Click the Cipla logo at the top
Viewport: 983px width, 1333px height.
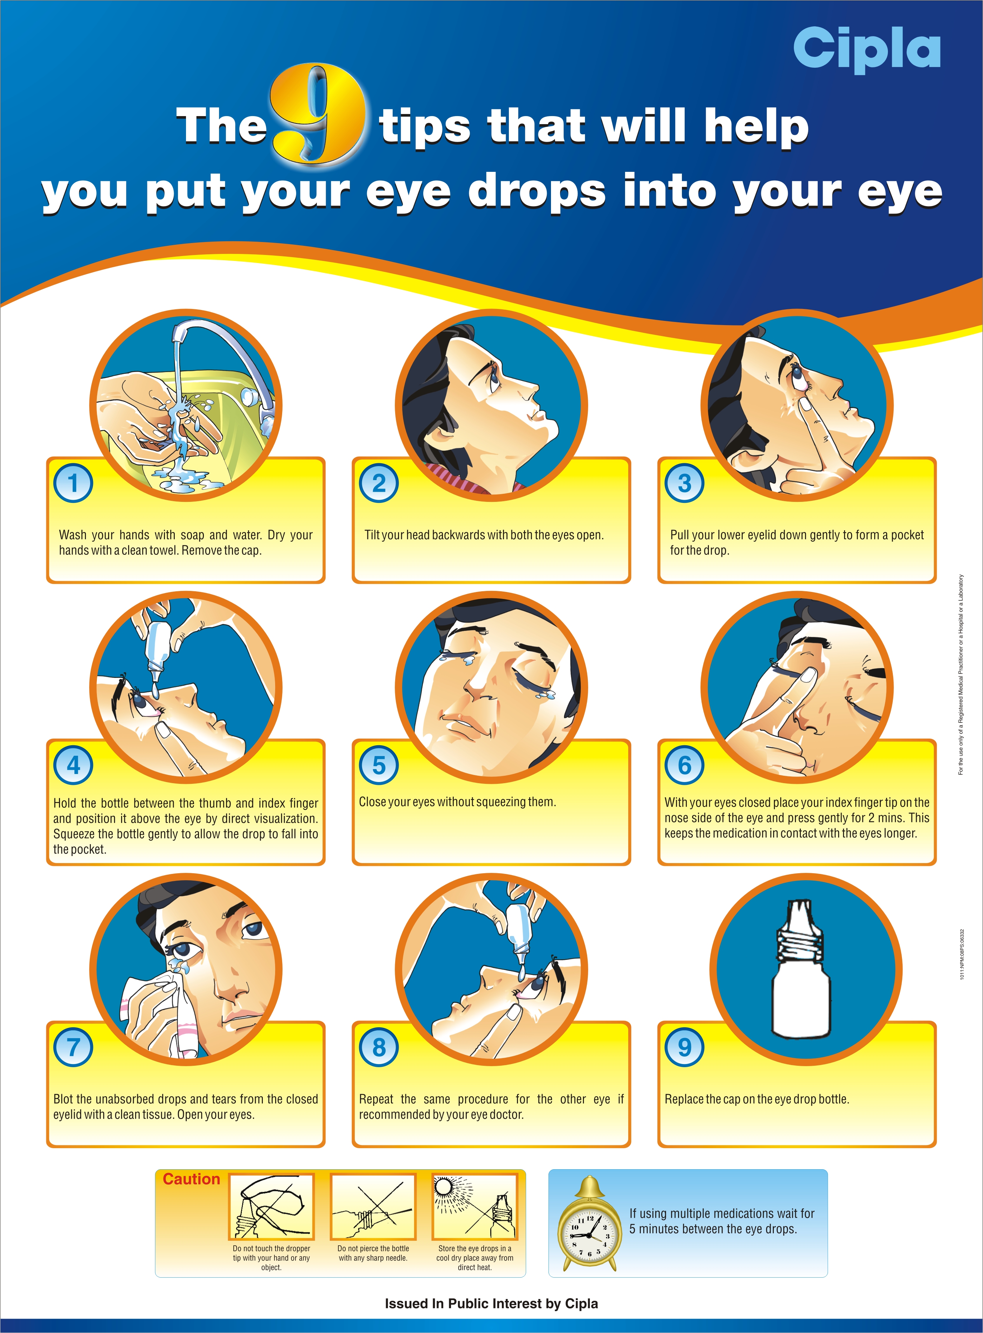pyautogui.click(x=866, y=50)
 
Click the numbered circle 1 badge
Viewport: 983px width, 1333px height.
pyautogui.click(x=73, y=483)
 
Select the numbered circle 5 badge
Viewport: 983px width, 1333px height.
pyautogui.click(x=379, y=765)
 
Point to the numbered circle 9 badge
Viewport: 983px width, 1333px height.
pyautogui.click(x=684, y=1047)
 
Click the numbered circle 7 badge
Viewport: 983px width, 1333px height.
pyautogui.click(x=73, y=1047)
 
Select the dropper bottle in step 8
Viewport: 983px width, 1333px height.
pyautogui.click(x=519, y=932)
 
